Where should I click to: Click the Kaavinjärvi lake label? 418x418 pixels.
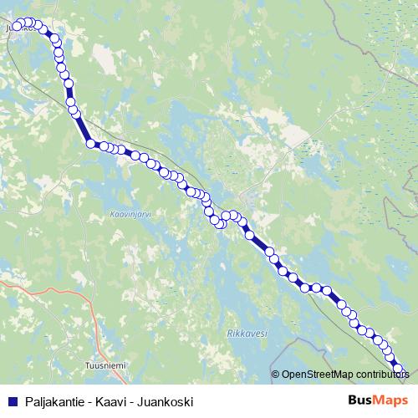(x=129, y=214)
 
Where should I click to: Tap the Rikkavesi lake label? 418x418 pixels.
(x=247, y=333)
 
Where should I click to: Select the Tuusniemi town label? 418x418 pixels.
(x=105, y=365)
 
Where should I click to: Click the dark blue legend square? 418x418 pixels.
(x=12, y=400)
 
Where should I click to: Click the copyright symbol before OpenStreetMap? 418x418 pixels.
(x=276, y=375)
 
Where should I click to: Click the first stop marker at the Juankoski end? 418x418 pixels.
(x=16, y=26)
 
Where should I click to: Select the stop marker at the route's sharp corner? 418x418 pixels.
(x=90, y=144)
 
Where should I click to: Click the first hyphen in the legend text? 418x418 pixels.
(x=89, y=400)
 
